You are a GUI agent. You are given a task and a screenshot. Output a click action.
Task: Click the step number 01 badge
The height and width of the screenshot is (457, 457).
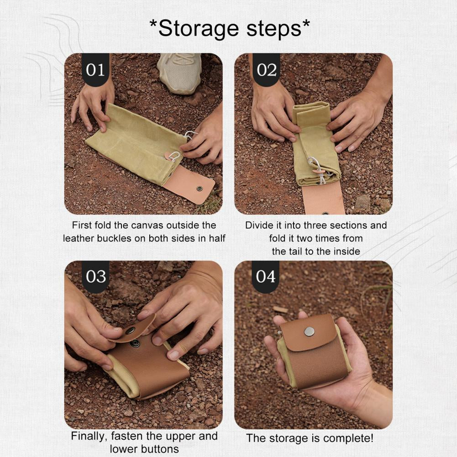coord(95,70)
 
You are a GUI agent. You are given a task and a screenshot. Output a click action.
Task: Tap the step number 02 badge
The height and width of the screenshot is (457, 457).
coord(266,70)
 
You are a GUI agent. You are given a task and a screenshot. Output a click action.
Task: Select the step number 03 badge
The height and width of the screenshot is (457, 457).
coord(95,277)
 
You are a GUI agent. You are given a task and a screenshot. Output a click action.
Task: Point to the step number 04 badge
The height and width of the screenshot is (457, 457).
coord(266,277)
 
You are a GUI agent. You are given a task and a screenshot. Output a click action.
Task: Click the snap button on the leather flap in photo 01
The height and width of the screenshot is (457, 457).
coord(200,188)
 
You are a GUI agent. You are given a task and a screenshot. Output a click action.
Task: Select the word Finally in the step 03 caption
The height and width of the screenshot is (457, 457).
coord(89,436)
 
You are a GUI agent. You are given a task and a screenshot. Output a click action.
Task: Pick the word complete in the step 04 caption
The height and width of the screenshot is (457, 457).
coord(348,439)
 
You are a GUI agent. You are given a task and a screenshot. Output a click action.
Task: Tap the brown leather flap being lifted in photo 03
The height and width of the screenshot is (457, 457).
coord(133,328)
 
